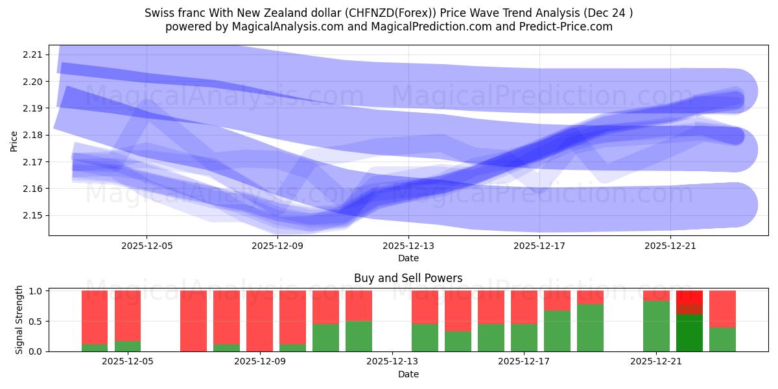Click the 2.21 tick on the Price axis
point(32,54)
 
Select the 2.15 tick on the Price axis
point(32,215)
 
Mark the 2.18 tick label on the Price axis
point(32,135)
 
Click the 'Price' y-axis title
point(14,141)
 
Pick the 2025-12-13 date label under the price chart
point(408,246)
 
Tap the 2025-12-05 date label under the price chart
point(147,246)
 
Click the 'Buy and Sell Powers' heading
point(408,278)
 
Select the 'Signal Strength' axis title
point(19,320)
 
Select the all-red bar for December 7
point(193,321)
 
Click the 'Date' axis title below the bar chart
point(408,374)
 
